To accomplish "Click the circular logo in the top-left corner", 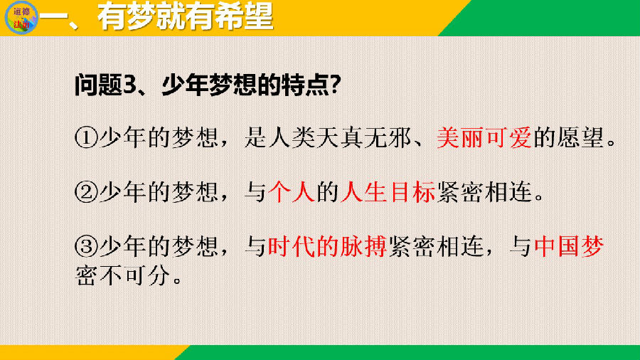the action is pyautogui.click(x=21, y=18).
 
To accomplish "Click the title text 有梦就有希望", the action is pyautogui.click(x=186, y=16).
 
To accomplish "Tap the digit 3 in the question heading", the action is pyautogui.click(x=130, y=85).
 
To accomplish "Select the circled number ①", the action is pyautogui.click(x=86, y=137).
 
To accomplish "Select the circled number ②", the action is pyautogui.click(x=86, y=192).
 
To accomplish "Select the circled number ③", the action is pyautogui.click(x=86, y=247).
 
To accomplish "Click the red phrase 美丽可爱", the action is pyautogui.click(x=484, y=137).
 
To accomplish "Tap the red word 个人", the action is pyautogui.click(x=292, y=192).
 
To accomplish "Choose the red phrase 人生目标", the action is pyautogui.click(x=388, y=192).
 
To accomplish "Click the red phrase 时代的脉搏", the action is pyautogui.click(x=327, y=247).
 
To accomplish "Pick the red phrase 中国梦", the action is pyautogui.click(x=569, y=247).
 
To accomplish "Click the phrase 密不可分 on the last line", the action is pyautogui.click(x=122, y=276).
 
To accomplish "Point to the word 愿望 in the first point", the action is pyautogui.click(x=580, y=137).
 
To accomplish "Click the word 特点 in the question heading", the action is pyautogui.click(x=305, y=85).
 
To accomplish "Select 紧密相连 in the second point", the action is pyautogui.click(x=484, y=192).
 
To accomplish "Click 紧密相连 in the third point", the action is pyautogui.click(x=436, y=247).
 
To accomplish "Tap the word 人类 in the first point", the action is pyautogui.click(x=292, y=137).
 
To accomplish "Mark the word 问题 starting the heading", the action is pyautogui.click(x=98, y=85).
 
